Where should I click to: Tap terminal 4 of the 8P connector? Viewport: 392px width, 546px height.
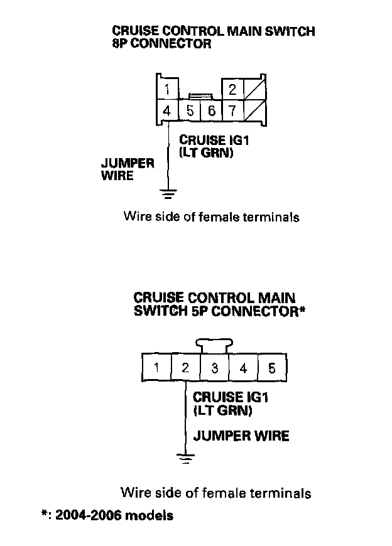pos(167,111)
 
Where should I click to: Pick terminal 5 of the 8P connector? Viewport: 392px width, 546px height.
pos(190,111)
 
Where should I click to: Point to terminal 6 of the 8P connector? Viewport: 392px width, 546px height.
pos(211,111)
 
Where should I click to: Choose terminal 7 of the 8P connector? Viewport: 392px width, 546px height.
pos(232,111)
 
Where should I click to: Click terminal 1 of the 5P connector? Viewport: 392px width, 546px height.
pos(156,368)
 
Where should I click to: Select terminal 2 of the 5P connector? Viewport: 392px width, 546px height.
pos(185,368)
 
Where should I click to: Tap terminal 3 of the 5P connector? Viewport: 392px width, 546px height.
pos(214,368)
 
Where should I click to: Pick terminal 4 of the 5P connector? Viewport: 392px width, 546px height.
pos(243,368)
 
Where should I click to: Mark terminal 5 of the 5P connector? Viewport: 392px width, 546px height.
pos(271,368)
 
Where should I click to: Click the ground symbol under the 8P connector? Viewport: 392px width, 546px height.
pos(168,193)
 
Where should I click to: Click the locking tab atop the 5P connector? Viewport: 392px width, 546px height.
pos(214,345)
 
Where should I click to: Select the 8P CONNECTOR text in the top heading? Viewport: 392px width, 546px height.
pos(161,45)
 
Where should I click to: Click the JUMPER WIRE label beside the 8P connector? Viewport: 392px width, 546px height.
pos(127,169)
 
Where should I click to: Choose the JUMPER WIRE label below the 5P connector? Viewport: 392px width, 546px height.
pos(241,436)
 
